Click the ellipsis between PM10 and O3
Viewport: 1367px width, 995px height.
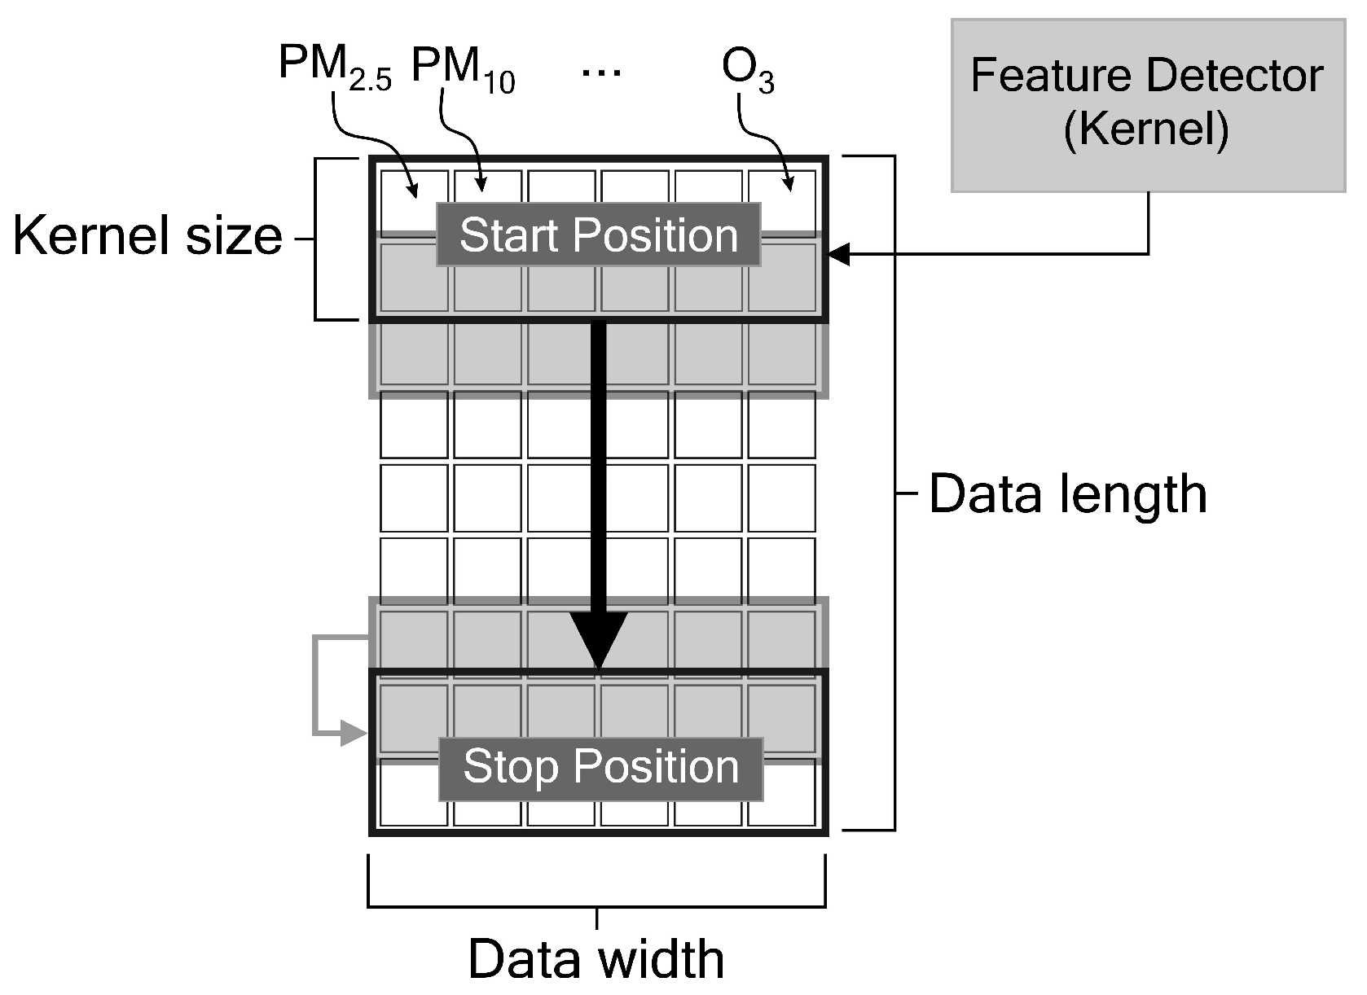601,72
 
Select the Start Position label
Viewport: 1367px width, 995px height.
598,235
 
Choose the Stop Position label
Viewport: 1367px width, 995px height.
601,768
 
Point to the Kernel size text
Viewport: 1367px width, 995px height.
147,237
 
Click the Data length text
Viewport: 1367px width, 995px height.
1067,494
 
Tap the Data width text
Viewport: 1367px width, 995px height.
596,959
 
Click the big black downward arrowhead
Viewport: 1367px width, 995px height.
599,640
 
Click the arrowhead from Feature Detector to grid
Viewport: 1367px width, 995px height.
839,254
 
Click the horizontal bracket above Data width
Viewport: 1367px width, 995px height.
597,904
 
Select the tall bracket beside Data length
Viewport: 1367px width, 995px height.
894,493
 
